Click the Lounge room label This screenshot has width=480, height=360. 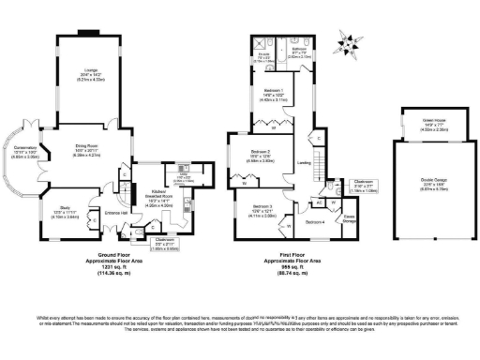pyautogui.click(x=92, y=70)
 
